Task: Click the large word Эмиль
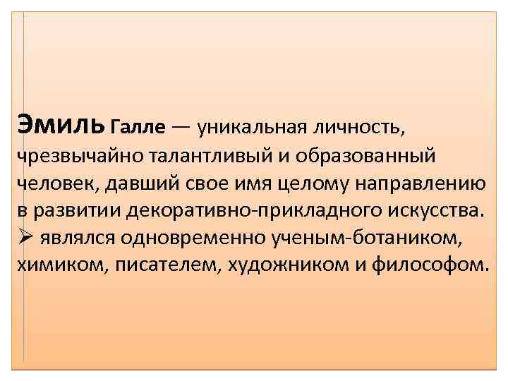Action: (x=61, y=123)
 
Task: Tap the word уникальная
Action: (x=253, y=127)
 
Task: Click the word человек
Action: (x=56, y=183)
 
